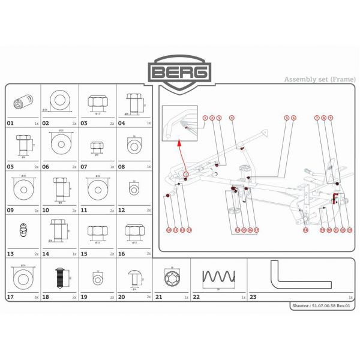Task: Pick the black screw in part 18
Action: [x=60, y=278]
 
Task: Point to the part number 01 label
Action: [x=10, y=122]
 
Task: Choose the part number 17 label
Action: [x=10, y=297]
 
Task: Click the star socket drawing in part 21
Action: [x=169, y=278]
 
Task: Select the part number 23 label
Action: [x=253, y=297]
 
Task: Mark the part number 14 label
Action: [x=46, y=254]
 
